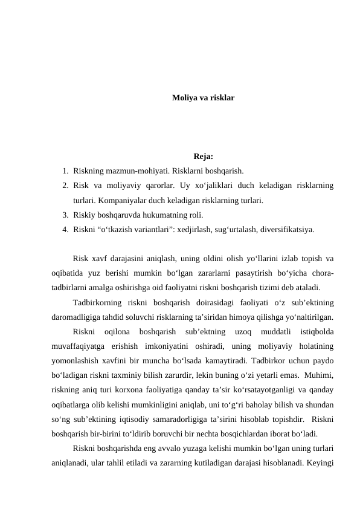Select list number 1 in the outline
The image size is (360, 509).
click(x=65, y=170)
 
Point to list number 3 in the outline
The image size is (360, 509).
click(x=65, y=215)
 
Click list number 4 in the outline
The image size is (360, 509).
click(x=65, y=229)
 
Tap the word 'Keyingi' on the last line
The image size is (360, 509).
click(x=320, y=463)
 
